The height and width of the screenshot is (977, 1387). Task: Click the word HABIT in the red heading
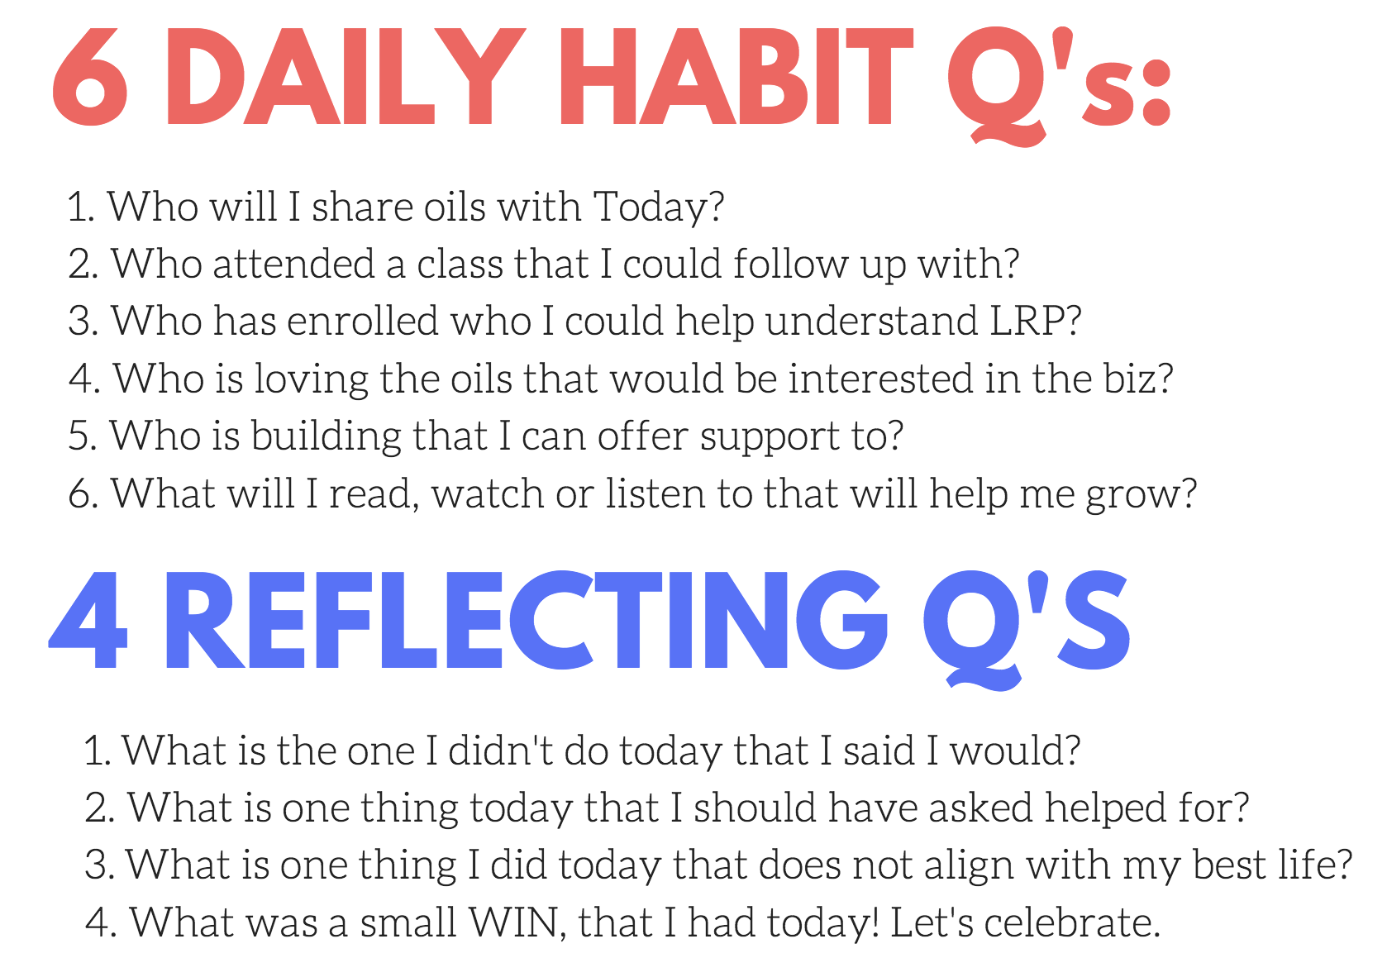pyautogui.click(x=736, y=77)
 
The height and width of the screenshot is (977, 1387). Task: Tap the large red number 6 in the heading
pyautogui.click(x=90, y=77)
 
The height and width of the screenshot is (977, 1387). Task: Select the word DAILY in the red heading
pyautogui.click(x=345, y=77)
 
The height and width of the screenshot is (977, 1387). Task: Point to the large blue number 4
pyautogui.click(x=88, y=621)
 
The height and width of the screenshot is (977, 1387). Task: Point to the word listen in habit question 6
pyautogui.click(x=655, y=493)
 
